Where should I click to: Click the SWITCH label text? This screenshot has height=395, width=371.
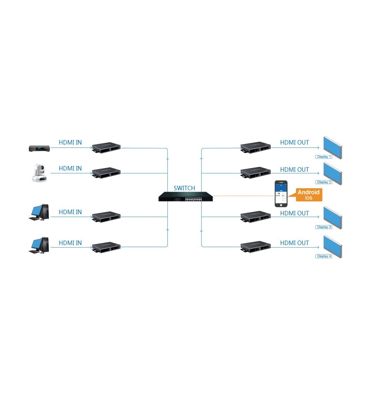pos(184,188)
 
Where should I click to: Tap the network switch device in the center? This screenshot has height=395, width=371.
pos(185,197)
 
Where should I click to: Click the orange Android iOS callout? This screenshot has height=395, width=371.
pos(309,195)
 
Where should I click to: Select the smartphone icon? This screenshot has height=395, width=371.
pos(281,194)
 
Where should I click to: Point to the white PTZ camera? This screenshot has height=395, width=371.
pos(39,173)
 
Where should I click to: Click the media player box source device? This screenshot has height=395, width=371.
pos(39,149)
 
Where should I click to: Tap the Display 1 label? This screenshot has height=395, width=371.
pos(324,157)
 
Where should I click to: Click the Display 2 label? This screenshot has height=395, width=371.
pos(324,182)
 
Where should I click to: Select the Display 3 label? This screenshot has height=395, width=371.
pos(324,227)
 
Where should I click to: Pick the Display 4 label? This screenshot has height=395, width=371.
pos(324,256)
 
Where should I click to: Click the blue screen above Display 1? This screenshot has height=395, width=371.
pos(333,147)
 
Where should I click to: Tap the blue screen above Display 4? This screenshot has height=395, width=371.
pos(333,247)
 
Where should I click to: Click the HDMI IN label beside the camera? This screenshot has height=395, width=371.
pos(70,168)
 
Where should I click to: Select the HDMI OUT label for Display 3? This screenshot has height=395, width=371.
pos(294,213)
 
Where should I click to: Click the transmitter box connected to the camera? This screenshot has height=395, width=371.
pos(106,173)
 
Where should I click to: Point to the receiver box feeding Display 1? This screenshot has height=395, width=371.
pos(256,147)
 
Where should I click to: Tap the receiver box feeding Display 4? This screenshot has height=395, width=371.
pos(256,247)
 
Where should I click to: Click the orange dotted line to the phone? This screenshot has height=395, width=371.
pos(244,196)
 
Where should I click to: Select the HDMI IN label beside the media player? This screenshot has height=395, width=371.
pos(70,143)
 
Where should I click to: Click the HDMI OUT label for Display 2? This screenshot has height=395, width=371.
pos(294,170)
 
